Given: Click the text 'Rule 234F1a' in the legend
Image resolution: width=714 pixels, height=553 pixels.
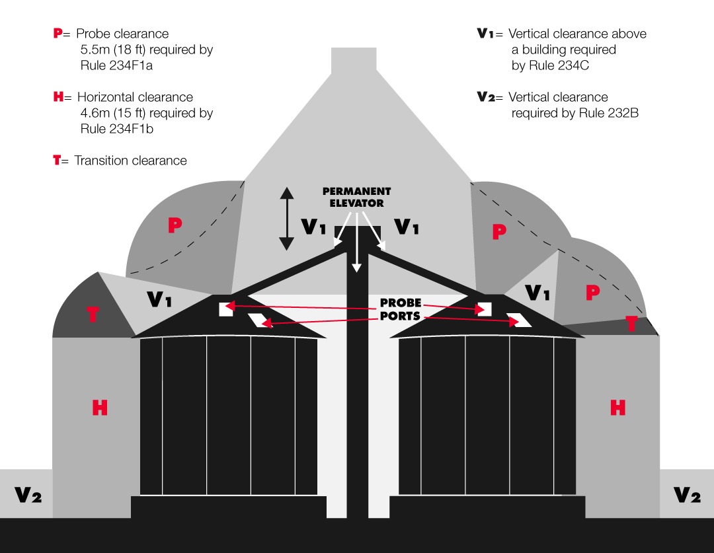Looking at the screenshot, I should point(116,65).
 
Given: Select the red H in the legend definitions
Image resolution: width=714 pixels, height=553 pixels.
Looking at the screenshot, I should point(58,97).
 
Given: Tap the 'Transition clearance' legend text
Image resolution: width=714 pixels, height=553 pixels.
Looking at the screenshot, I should point(130,161).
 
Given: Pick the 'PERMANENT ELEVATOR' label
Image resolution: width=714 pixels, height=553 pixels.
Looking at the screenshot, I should point(356,198).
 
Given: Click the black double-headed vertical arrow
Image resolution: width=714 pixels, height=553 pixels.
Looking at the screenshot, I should point(286,219).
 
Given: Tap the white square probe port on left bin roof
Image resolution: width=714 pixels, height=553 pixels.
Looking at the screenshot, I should point(225,309).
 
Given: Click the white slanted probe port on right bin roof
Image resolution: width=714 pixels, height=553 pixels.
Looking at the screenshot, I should point(522,320).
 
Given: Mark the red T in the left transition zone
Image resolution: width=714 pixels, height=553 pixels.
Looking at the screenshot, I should point(93,314).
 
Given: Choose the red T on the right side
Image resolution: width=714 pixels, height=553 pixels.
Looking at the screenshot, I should point(631,324).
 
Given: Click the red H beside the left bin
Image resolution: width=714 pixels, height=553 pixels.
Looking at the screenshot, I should point(99,408).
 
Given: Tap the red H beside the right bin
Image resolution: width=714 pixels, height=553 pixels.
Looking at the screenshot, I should point(617,408).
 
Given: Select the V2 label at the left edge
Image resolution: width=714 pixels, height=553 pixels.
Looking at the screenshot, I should point(28,495).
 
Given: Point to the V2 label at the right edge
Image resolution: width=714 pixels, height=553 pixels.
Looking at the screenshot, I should point(686,495).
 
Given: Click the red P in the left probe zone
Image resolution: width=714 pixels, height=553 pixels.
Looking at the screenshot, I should point(175,225).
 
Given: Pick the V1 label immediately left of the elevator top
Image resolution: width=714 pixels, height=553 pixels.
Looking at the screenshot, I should point(313,227).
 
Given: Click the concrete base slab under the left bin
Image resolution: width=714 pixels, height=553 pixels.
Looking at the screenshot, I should point(229,507).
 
